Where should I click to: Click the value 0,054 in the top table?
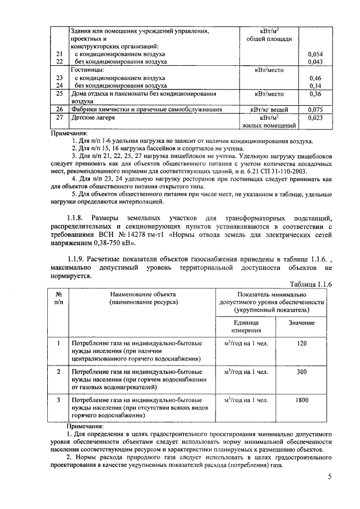click(x=316, y=53)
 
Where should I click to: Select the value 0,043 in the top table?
click(x=316, y=61)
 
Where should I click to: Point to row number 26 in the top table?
click(x=58, y=109)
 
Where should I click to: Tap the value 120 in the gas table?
click(x=302, y=343)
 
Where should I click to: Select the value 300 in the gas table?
click(x=302, y=372)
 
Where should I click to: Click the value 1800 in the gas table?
click(x=302, y=400)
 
